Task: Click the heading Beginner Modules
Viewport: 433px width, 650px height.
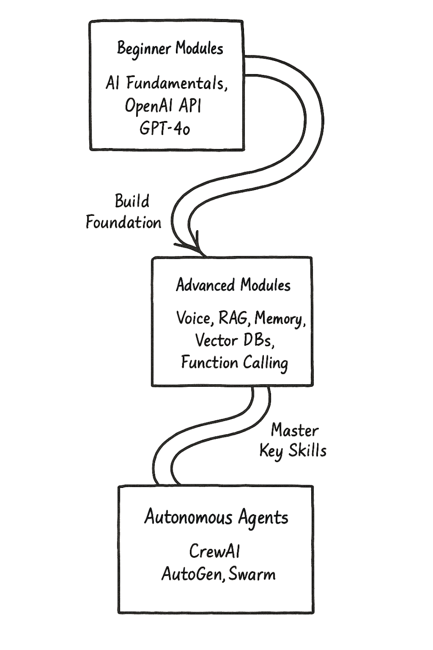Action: [x=170, y=48]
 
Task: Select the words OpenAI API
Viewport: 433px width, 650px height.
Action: [x=163, y=106]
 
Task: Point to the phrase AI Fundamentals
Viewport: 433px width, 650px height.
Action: [x=166, y=83]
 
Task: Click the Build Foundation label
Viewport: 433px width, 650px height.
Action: [x=124, y=212]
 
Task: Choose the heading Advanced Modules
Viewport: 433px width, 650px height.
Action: [x=233, y=285]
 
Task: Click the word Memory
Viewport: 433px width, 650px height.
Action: [x=279, y=319]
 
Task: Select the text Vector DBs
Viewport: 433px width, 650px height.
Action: [x=235, y=340]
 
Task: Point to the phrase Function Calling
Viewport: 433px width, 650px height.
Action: [x=235, y=362]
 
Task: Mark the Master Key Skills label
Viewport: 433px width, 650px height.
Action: [x=293, y=441]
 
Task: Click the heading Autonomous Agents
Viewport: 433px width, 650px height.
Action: [x=216, y=517]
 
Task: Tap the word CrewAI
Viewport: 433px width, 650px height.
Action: [x=214, y=551]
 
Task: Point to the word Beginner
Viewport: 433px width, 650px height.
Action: [x=144, y=48]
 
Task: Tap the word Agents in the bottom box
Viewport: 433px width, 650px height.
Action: [x=263, y=518]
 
